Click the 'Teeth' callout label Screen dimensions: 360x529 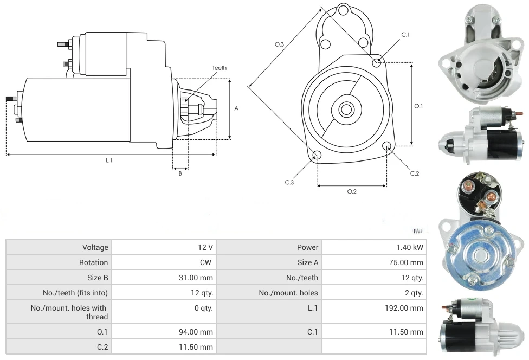coord(219,68)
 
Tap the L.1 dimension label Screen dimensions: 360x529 coord(109,160)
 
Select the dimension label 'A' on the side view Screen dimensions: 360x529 coord(236,108)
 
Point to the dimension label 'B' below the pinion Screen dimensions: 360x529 coord(180,173)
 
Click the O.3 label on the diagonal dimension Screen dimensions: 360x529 coord(279,44)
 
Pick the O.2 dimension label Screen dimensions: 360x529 coord(351,191)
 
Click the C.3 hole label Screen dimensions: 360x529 coord(289,182)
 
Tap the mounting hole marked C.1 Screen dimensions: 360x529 coord(377,62)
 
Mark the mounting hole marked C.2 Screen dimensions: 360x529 coord(387,146)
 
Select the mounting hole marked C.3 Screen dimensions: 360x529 coord(317,156)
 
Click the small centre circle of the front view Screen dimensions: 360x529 coord(345,110)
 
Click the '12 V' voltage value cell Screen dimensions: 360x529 coord(205,247)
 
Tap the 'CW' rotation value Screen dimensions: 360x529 coord(207,262)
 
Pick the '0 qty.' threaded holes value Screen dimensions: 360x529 coord(203,308)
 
